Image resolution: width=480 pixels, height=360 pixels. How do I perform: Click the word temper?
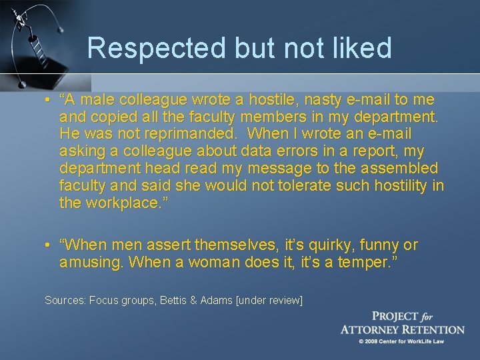pyautogui.click(x=365, y=262)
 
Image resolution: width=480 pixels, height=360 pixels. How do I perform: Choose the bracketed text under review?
pyautogui.click(x=269, y=301)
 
